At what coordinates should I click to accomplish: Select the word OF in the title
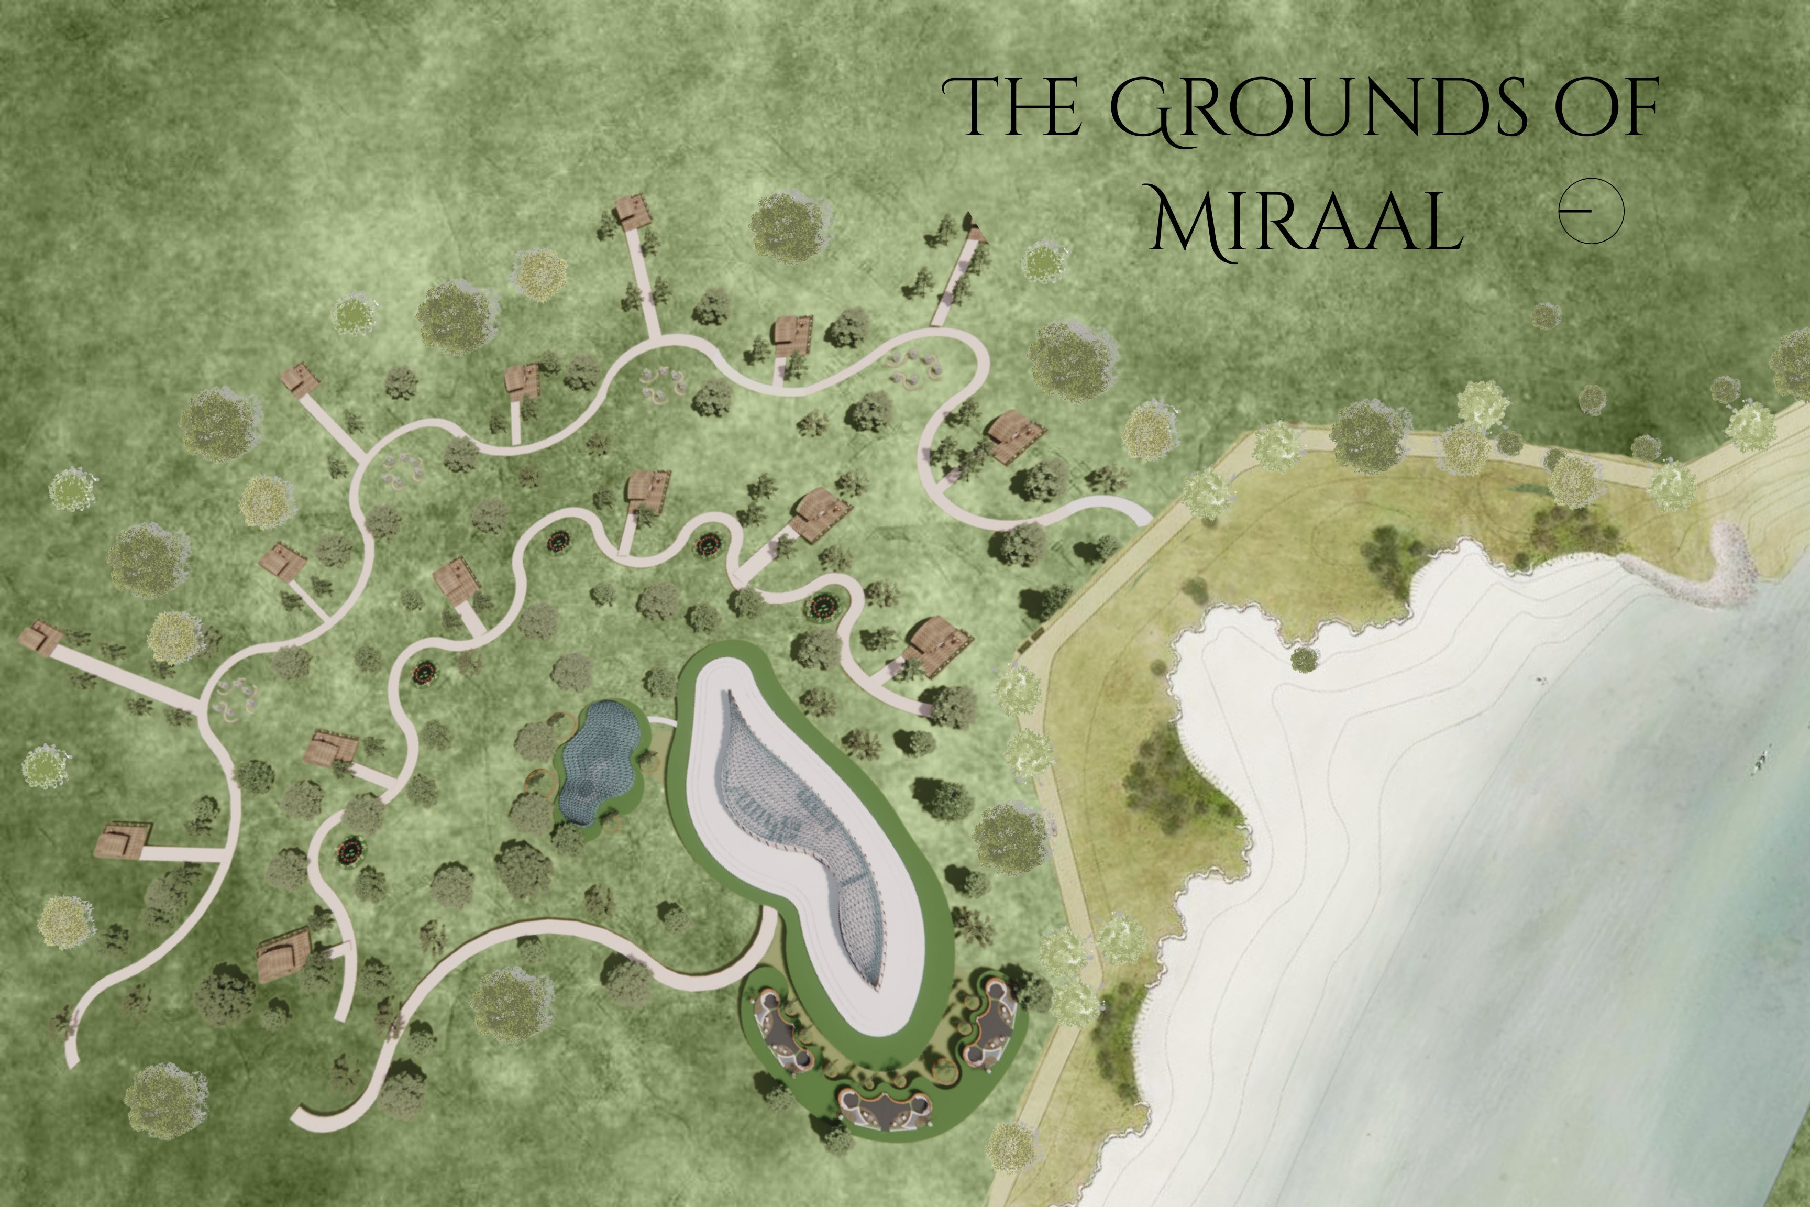click(x=1605, y=108)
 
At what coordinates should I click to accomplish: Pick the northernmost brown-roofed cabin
click(x=633, y=210)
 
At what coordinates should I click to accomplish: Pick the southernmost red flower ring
click(x=350, y=851)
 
